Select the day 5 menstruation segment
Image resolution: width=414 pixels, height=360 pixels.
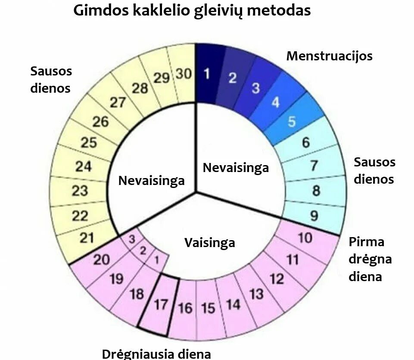(292, 122)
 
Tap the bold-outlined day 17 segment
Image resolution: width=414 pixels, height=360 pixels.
(161, 305)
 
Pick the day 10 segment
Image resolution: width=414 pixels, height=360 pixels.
(305, 238)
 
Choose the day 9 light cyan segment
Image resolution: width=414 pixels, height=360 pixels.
(314, 215)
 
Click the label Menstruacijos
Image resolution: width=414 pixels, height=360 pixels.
(329, 56)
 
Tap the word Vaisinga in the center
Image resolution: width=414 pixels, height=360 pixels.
(210, 243)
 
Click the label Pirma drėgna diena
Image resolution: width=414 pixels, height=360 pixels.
(370, 259)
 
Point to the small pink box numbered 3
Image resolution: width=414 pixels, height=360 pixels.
(132, 238)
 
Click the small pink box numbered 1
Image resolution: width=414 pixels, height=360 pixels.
(156, 260)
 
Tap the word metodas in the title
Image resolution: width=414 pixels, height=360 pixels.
(279, 10)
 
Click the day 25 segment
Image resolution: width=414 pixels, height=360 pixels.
(89, 143)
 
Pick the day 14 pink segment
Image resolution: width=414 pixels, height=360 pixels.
(233, 305)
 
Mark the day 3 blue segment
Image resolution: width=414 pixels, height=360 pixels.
(256, 88)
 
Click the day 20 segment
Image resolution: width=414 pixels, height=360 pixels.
(102, 260)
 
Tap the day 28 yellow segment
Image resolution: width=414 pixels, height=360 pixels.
(140, 88)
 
